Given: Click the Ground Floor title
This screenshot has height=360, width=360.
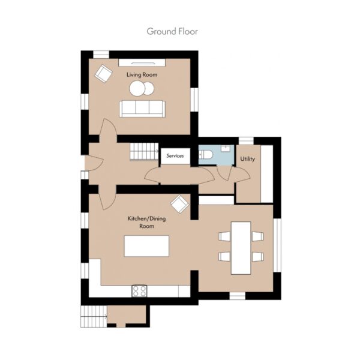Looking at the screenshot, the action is [172, 31].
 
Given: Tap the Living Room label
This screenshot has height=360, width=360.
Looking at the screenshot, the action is [142, 74].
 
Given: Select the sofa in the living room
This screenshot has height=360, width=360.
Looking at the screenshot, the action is [142, 109].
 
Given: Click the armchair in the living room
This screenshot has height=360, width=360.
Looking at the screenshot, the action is [103, 73].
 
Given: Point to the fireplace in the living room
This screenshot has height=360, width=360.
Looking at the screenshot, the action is [142, 62].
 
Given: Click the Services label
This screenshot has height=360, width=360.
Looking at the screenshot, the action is [175, 156].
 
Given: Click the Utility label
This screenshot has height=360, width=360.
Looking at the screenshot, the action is [247, 159].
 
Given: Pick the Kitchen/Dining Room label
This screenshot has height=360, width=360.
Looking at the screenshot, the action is [146, 222].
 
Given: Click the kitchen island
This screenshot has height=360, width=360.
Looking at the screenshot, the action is [146, 246].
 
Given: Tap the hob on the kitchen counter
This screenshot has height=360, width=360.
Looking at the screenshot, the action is [139, 291].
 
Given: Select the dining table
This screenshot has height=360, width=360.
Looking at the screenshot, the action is [241, 248].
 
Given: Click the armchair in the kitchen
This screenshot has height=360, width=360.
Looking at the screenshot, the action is [180, 204].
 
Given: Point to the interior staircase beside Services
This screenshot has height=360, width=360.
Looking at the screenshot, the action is [144, 152].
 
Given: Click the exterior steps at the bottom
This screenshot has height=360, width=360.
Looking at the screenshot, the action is [94, 316].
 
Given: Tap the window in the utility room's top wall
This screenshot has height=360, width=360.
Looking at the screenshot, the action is [246, 141].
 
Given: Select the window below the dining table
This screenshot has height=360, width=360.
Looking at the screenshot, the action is [238, 296].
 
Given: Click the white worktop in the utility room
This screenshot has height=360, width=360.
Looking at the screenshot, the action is [267, 174].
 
